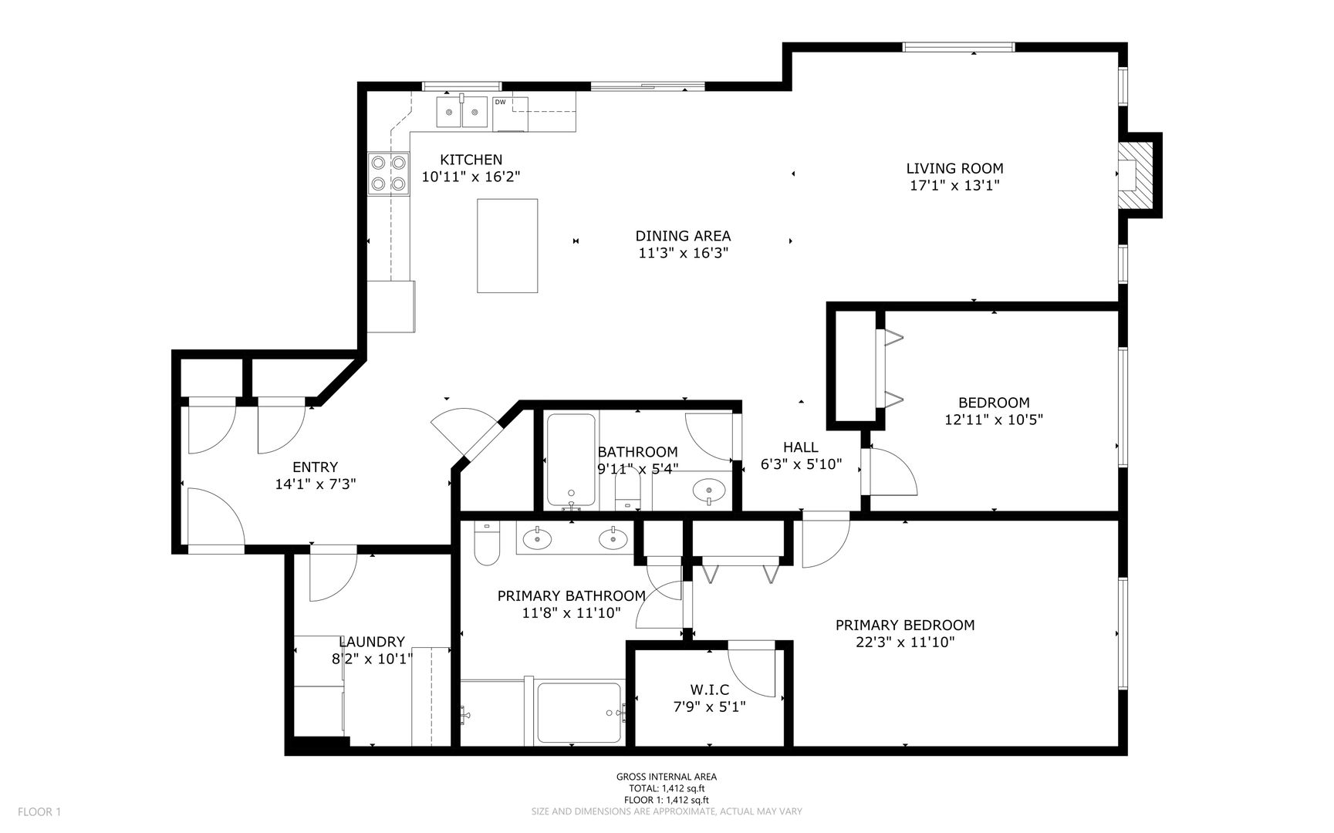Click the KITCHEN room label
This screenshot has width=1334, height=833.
coord(471,160)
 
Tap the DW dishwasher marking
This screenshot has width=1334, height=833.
coord(500,102)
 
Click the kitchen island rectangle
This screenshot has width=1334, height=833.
coord(507,245)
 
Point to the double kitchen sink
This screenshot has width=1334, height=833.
coord(463,112)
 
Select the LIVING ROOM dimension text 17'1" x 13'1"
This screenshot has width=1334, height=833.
coord(954,185)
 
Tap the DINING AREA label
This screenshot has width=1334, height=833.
coord(683,236)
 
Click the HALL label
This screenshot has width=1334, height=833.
coord(801,447)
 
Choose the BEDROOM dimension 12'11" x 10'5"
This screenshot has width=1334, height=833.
coord(994,420)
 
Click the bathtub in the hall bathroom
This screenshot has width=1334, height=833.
coord(571,461)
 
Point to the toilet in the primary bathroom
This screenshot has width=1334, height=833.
coord(487,543)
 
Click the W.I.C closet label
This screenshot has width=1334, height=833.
coord(709,690)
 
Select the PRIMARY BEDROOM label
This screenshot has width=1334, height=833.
coord(905,625)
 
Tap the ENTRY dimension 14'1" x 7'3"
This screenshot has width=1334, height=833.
coord(316,484)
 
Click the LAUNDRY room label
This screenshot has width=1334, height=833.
coord(372,642)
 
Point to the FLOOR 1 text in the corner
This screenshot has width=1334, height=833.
coord(39,811)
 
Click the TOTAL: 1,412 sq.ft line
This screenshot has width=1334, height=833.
coord(667,788)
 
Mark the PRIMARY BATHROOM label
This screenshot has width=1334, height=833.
coord(571,595)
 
